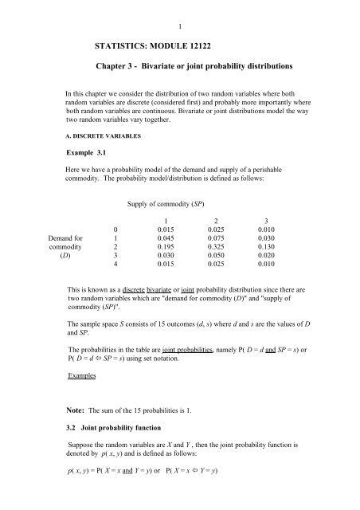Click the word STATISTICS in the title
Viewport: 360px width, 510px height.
point(126,49)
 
